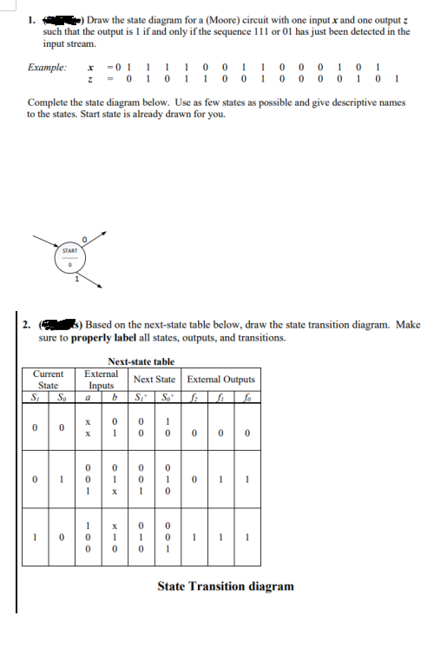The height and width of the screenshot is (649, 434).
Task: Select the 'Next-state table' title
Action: click(141, 361)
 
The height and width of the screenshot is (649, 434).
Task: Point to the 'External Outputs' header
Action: click(221, 379)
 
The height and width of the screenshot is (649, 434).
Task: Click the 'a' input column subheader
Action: click(87, 398)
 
